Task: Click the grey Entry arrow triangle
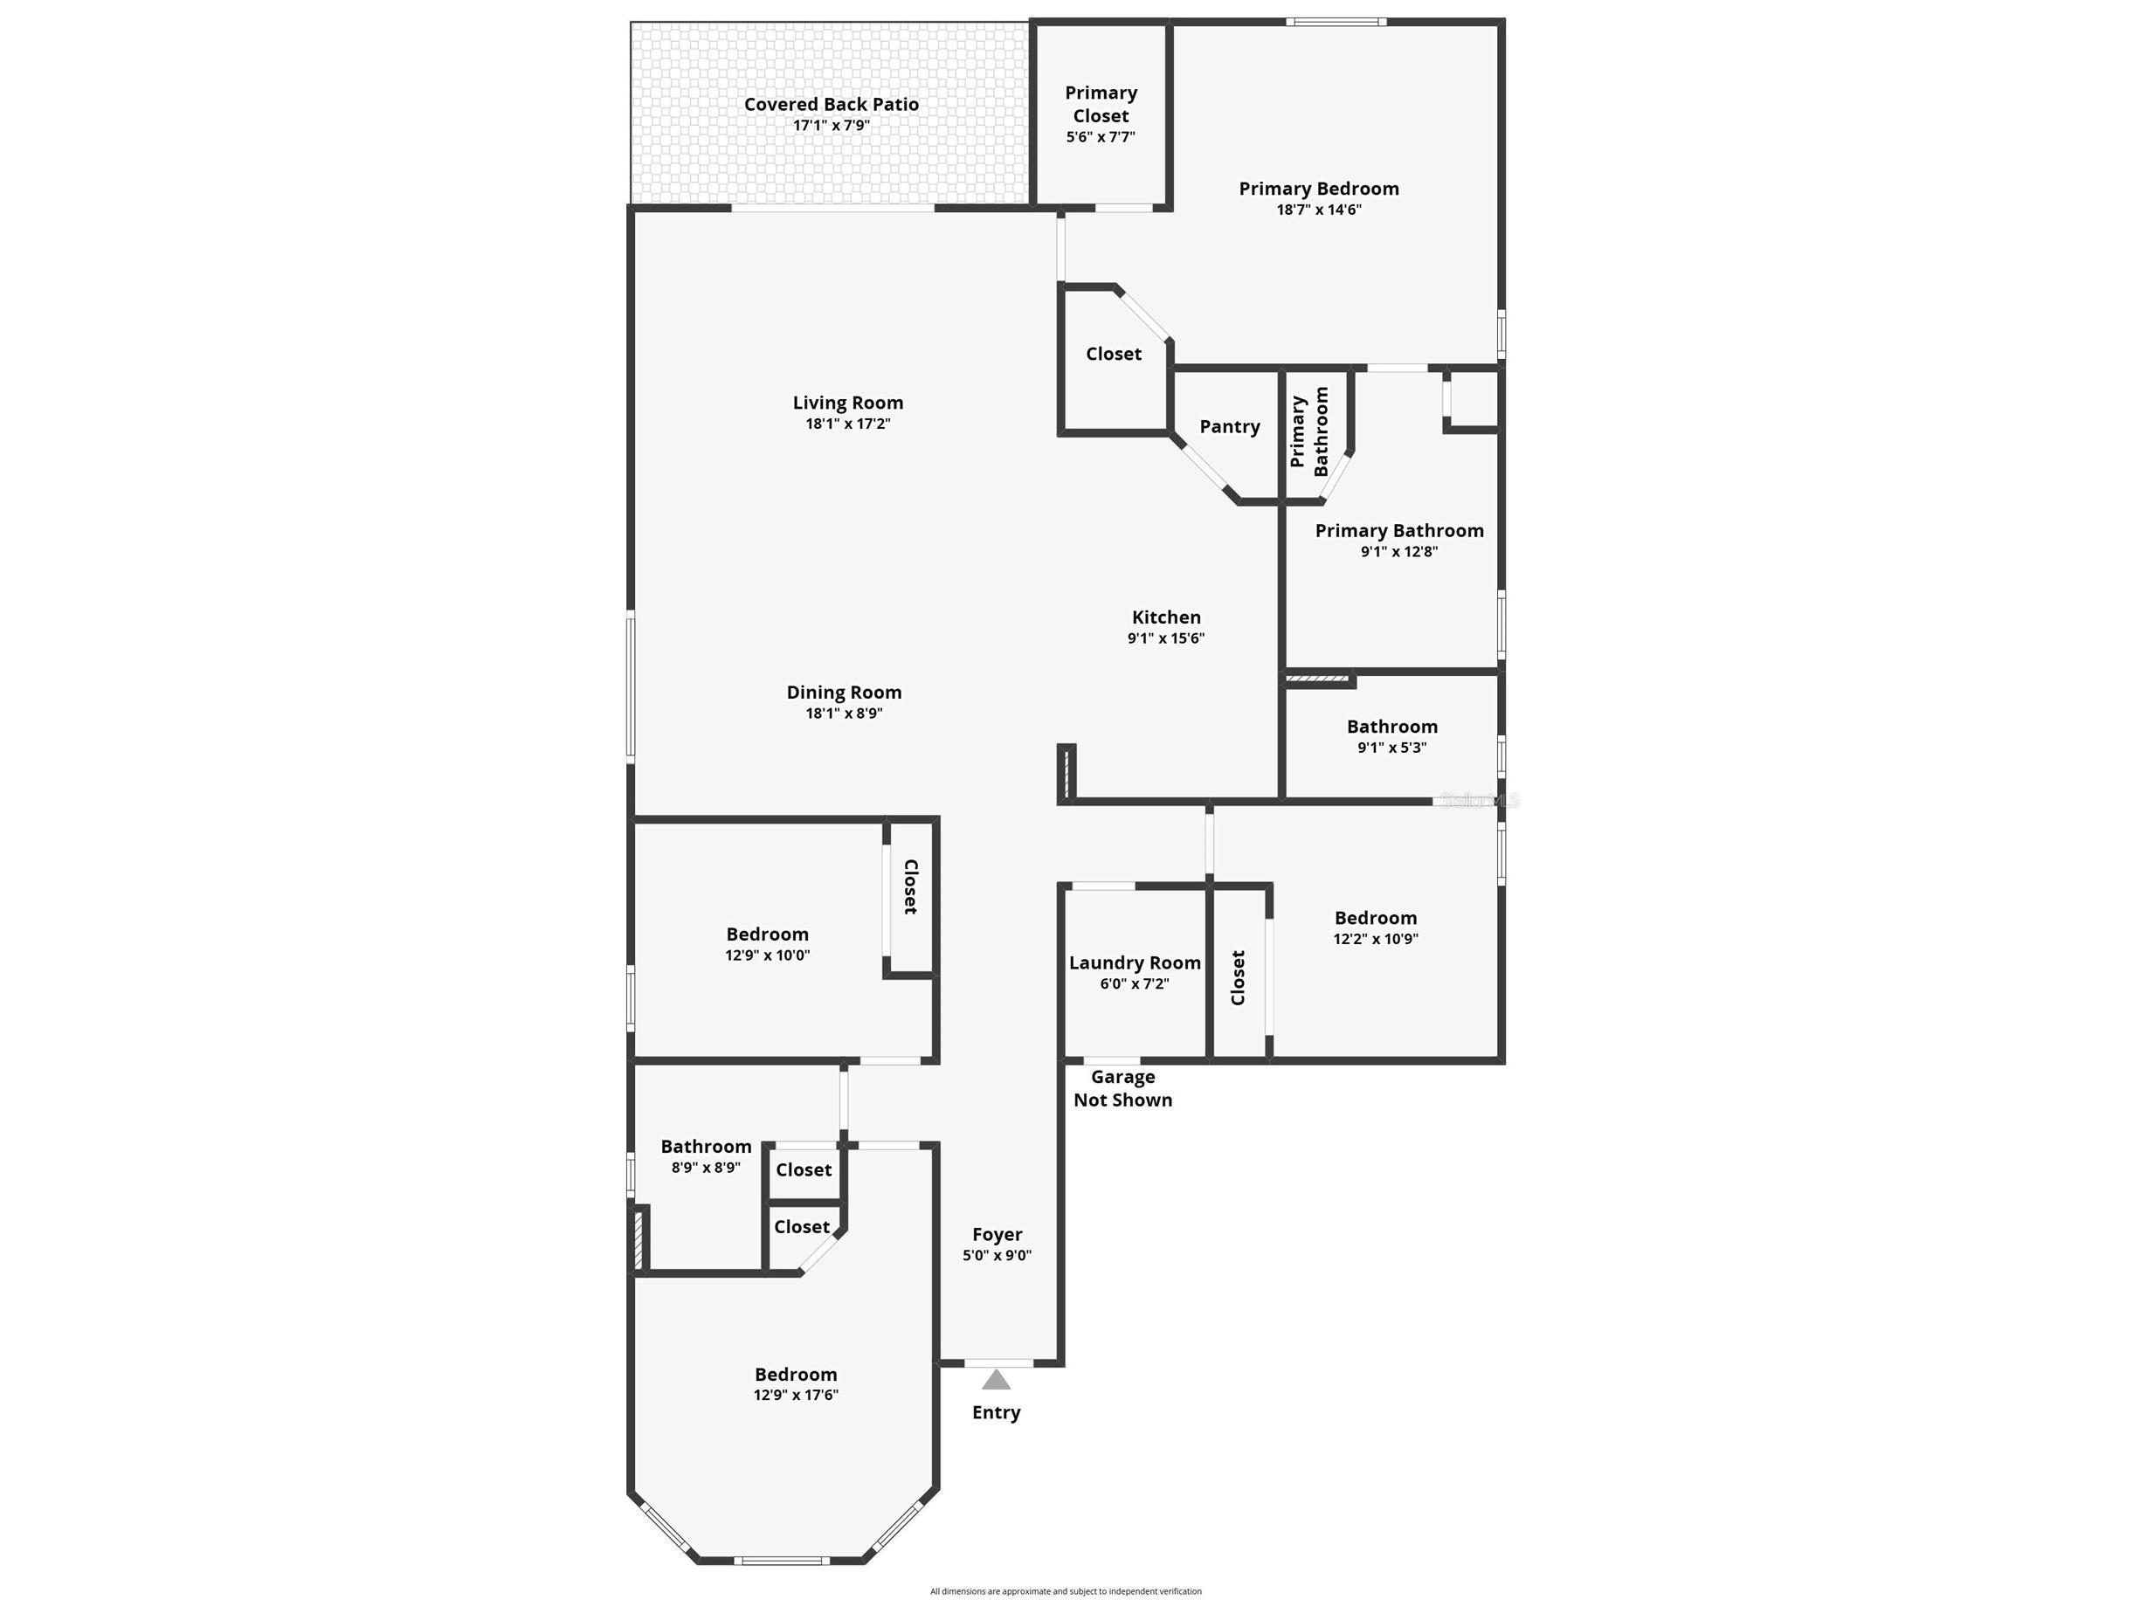coord(996,1380)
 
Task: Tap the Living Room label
coord(847,403)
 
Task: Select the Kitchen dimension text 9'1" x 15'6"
coord(1166,638)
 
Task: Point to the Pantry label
coord(1230,426)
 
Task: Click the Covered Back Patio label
coord(832,104)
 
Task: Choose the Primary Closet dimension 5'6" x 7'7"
coord(1101,137)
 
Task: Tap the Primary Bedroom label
coord(1318,189)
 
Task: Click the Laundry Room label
coord(1135,962)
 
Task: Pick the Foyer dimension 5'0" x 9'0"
coord(997,1256)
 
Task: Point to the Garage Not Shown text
coord(1122,1089)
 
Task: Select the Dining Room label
coord(844,693)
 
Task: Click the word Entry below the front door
coord(996,1413)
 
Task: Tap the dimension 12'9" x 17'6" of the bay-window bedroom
coord(796,1396)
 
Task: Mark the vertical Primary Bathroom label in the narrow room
coord(1309,432)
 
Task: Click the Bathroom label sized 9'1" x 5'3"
coord(1391,728)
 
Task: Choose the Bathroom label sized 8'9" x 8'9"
coord(706,1147)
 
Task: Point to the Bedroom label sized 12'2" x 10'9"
coord(1375,918)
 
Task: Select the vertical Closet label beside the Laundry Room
coord(1239,978)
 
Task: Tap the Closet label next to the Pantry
coord(1113,354)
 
